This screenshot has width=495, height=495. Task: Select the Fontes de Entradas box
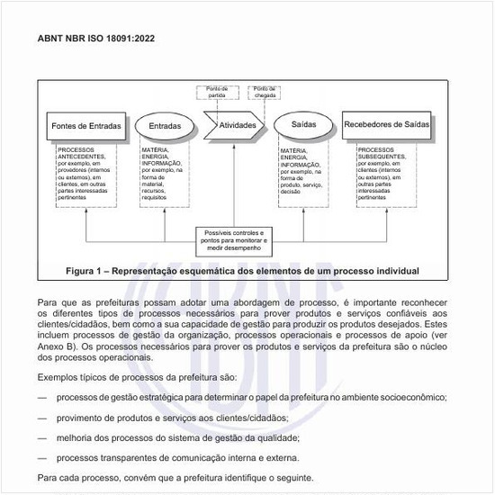(86, 127)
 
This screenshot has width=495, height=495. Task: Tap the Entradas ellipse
(165, 127)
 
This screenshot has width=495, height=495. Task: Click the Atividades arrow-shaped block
(238, 125)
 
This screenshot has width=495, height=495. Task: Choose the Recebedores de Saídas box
(391, 125)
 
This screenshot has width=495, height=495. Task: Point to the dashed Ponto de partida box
(217, 92)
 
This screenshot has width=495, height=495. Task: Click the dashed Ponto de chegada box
(265, 92)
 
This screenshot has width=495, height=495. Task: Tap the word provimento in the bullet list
(83, 417)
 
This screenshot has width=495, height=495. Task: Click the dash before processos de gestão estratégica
(42, 396)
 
